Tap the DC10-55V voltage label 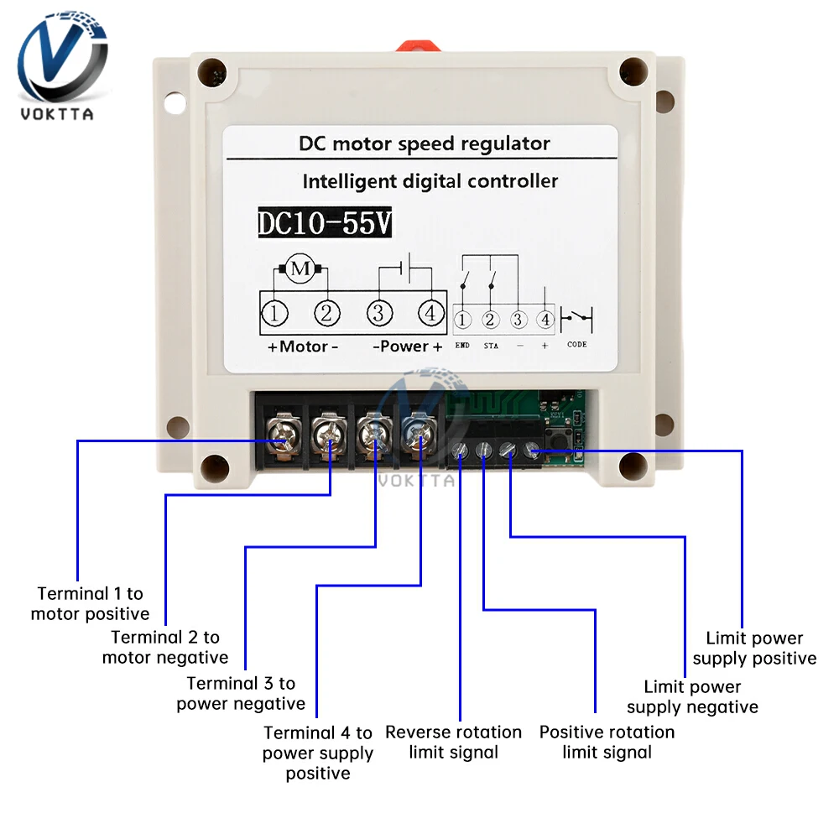click(325, 222)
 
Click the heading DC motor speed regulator click(424, 143)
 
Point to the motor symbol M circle click(300, 268)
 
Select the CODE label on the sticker click(577, 345)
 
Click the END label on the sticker click(462, 345)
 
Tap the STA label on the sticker click(491, 346)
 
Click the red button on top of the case click(419, 45)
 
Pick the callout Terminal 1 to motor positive click(90, 603)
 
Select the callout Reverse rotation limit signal click(453, 743)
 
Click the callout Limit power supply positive click(754, 648)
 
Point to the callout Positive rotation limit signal click(607, 743)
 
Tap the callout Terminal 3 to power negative click(241, 694)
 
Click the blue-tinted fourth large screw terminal click(418, 435)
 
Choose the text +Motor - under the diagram click(303, 347)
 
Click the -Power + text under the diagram click(408, 347)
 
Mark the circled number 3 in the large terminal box click(379, 312)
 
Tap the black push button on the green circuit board click(559, 441)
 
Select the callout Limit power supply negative click(692, 696)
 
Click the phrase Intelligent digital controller click(430, 181)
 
